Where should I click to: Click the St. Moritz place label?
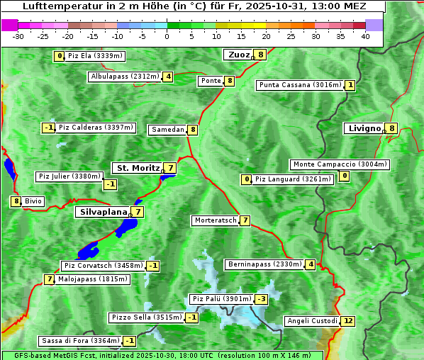click(138, 168)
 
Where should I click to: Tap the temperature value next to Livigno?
click(391, 128)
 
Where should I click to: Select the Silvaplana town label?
click(104, 211)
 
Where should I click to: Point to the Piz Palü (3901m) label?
click(221, 299)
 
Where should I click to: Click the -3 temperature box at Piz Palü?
click(262, 299)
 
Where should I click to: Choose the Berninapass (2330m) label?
click(264, 264)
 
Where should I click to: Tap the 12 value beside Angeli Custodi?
click(347, 321)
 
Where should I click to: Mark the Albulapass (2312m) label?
click(125, 77)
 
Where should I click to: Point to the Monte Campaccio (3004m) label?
click(340, 164)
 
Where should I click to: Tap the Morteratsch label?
click(216, 220)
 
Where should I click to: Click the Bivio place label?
click(33, 201)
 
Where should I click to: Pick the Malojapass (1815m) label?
click(92, 279)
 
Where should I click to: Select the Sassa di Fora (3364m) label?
click(79, 341)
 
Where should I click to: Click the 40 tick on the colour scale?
click(365, 36)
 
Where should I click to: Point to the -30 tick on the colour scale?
click(18, 36)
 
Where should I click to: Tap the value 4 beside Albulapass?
click(168, 77)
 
